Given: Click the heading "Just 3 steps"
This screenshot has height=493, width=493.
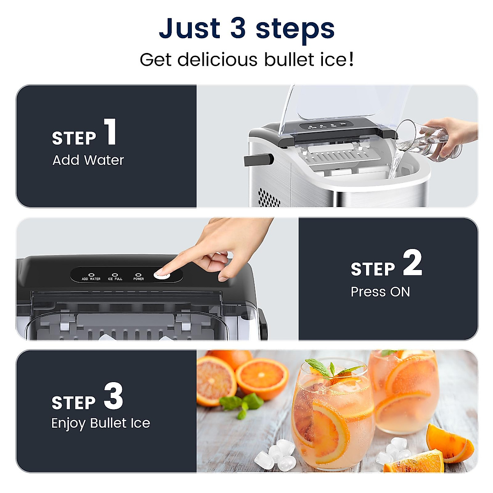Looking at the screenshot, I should coord(246,29).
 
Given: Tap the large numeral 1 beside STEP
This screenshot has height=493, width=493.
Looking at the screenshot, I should coord(110,132).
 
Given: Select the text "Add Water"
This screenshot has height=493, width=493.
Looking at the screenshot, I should coord(88,160).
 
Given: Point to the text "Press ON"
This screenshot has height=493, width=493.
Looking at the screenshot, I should coord(380,292).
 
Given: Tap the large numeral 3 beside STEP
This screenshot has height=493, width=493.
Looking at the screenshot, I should coord(113,396).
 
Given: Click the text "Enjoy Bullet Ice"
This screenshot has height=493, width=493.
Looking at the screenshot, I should coord(101,423).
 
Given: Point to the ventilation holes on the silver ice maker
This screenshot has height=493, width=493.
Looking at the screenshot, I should coord(269,197).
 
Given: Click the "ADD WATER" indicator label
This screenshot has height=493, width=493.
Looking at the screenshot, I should coord(91,279).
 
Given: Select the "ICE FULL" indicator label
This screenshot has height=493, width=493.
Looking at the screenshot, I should coord(115,279).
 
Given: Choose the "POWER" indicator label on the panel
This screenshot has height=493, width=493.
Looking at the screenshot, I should coord(138,279).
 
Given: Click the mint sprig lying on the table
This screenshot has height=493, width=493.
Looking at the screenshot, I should coord(242,403).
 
